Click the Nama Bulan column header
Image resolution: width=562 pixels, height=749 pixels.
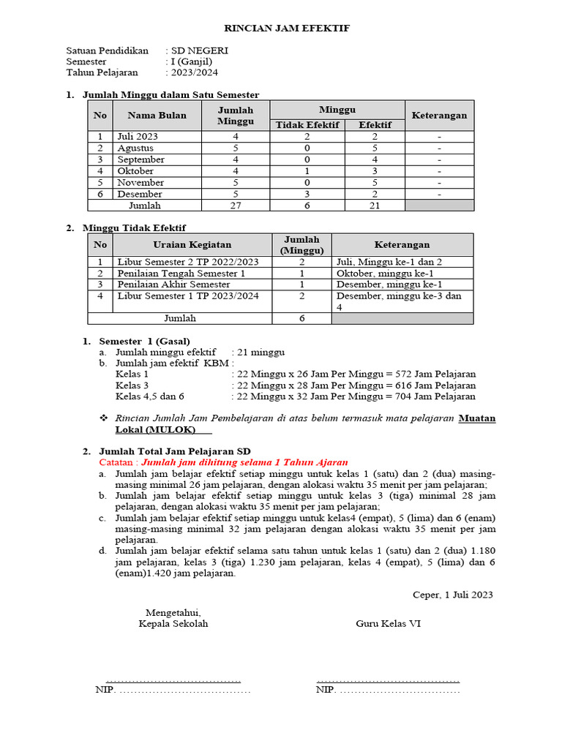(157, 116)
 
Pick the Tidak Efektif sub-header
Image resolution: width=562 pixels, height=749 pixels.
(307, 125)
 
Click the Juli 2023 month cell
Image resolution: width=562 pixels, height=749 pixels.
(138, 136)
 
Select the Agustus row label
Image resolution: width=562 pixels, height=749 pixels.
(135, 148)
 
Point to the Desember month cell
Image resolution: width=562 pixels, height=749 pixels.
(140, 194)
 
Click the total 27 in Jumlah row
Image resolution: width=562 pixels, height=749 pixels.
(236, 206)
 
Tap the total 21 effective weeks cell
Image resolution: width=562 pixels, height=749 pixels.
(374, 206)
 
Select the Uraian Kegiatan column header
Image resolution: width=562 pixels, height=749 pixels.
(192, 244)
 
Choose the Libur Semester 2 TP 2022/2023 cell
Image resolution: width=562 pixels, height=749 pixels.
(188, 261)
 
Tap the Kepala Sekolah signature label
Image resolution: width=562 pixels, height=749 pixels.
(173, 624)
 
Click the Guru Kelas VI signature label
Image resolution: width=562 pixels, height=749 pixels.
(388, 624)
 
